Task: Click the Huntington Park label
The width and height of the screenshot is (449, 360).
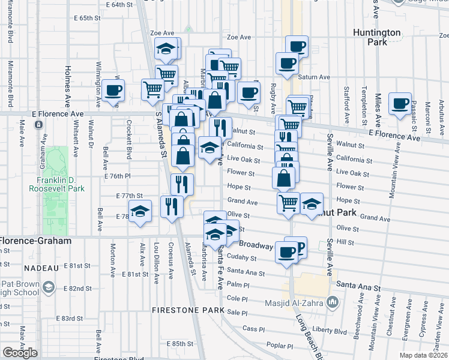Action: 394,37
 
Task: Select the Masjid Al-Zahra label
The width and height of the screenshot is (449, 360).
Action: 292,301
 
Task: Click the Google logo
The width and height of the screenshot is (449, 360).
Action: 20,352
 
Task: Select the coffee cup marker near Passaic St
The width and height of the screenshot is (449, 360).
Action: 399,103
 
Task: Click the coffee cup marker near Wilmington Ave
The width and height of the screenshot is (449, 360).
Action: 113,90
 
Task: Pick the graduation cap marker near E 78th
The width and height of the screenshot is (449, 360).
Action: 140,211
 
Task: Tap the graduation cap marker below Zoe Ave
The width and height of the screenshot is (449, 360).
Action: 167,50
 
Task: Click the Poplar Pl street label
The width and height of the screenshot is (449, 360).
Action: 280,346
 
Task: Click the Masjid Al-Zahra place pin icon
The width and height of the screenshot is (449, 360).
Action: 330,301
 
